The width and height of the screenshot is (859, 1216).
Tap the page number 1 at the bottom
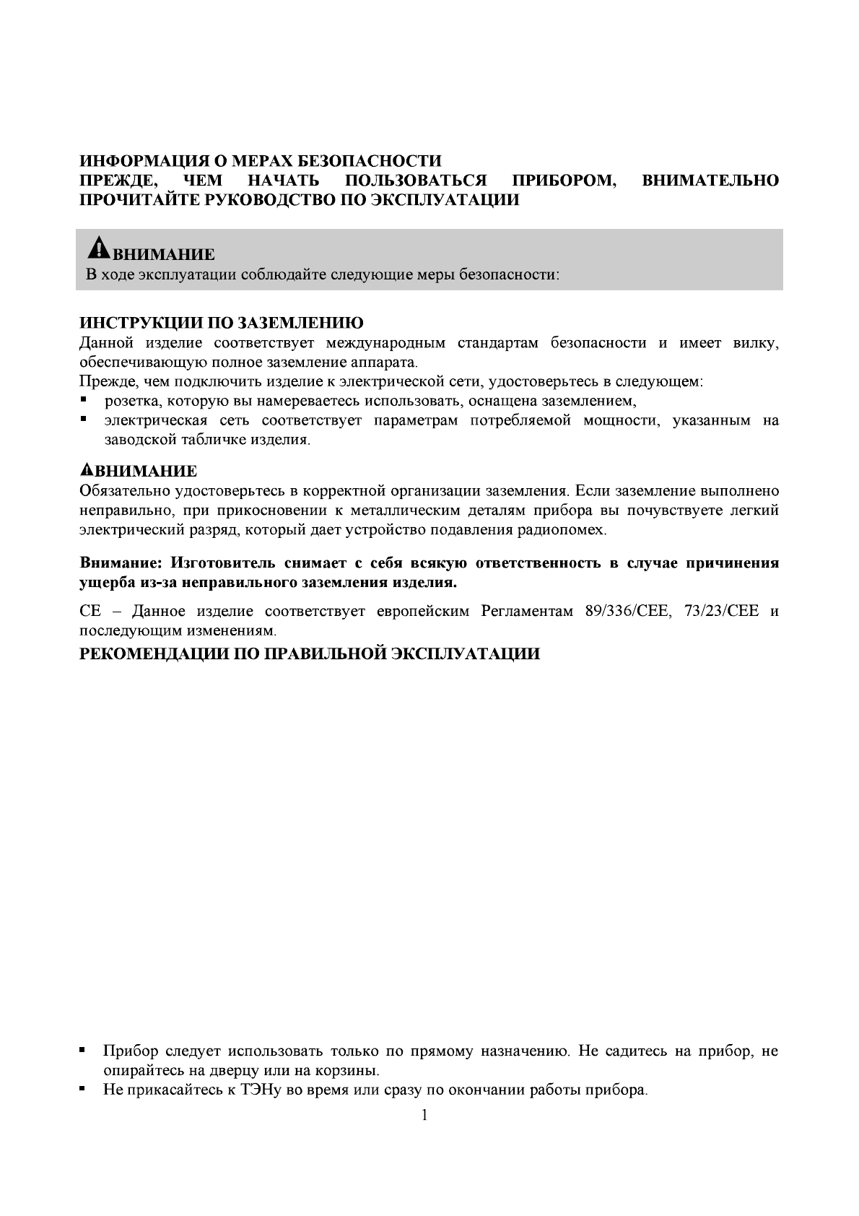click(424, 1115)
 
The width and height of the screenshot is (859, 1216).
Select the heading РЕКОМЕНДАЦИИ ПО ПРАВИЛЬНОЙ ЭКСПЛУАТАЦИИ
click(309, 654)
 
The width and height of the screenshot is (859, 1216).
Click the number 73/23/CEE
click(721, 611)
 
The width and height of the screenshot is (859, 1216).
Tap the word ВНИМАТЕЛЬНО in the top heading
click(710, 180)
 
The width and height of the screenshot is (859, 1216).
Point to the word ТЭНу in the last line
click(258, 1090)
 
